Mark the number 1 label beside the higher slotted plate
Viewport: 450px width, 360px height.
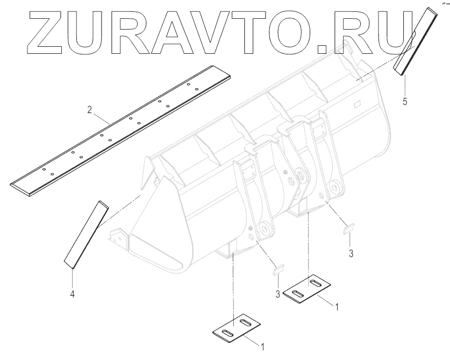coord(336,307)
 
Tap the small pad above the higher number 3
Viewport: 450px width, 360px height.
coord(348,228)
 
